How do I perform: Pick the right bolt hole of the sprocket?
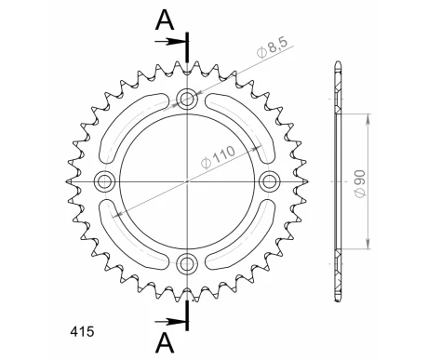click(270, 180)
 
